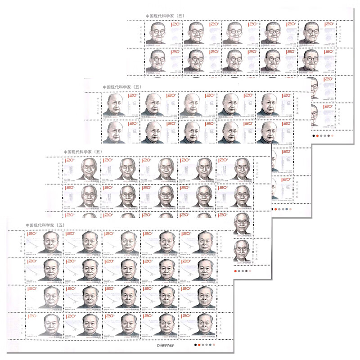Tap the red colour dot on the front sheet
(199, 346)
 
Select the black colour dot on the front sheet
(194, 346)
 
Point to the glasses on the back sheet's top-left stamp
(159, 33)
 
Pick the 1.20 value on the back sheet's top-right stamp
(330, 25)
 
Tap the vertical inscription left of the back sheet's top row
(135, 31)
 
